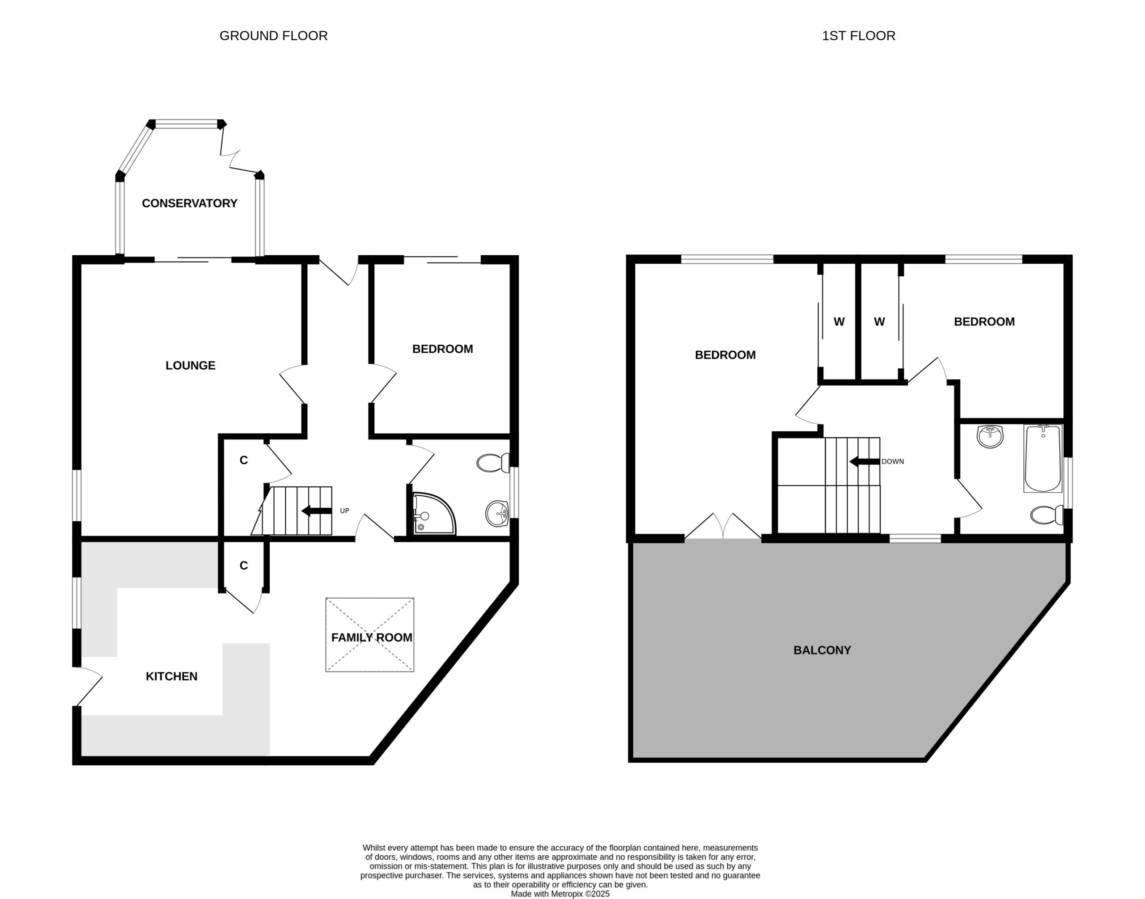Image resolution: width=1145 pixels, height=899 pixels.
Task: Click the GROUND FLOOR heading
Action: tap(273, 36)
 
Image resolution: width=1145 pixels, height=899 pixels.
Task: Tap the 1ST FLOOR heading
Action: tap(858, 36)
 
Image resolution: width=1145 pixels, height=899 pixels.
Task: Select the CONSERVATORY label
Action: tap(190, 203)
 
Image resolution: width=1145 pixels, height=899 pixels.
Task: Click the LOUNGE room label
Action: tap(190, 365)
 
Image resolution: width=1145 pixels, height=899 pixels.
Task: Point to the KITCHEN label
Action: tap(172, 676)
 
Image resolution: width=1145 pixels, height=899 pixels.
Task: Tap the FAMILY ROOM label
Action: tap(372, 637)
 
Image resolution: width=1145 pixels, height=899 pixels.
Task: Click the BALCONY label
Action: tap(822, 650)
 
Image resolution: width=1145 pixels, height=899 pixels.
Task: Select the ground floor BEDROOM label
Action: tap(442, 349)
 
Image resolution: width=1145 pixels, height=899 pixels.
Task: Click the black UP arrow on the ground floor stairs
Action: tap(317, 511)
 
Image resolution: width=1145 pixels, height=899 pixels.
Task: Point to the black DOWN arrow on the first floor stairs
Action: tap(864, 462)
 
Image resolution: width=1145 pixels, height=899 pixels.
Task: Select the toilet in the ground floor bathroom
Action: tap(493, 463)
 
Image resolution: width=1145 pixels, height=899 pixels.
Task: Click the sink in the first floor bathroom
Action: tap(990, 437)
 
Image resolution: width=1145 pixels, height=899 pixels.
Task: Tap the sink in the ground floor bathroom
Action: tap(496, 513)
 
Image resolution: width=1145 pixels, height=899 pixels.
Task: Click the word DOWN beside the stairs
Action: tap(893, 462)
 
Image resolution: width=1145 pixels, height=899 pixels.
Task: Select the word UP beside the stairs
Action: tap(344, 511)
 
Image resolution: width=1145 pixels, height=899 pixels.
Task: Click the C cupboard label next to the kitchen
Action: tap(243, 566)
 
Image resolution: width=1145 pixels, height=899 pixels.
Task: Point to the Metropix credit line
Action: tap(560, 894)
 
